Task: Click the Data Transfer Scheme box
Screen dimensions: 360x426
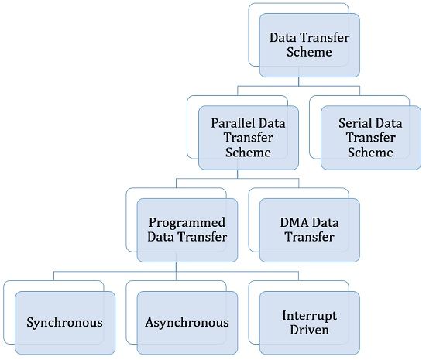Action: (x=310, y=45)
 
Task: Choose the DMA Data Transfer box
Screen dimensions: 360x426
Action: (x=310, y=230)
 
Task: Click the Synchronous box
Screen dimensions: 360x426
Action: (x=64, y=322)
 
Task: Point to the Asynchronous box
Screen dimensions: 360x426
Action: (x=187, y=322)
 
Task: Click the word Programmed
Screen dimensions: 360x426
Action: (x=187, y=222)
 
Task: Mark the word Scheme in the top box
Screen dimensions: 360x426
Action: (x=310, y=53)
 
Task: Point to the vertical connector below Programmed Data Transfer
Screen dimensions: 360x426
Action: (x=177, y=266)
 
